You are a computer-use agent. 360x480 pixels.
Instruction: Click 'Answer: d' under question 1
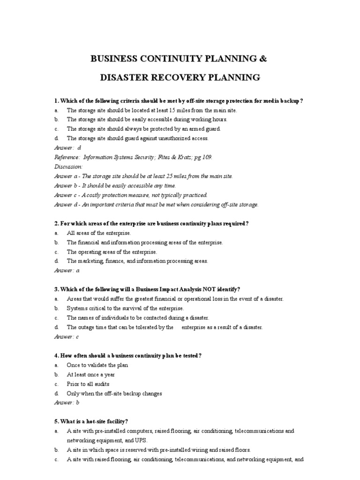point(68,148)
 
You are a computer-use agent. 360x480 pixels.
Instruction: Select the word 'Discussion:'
point(68,166)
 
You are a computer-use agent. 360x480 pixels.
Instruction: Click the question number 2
point(56,224)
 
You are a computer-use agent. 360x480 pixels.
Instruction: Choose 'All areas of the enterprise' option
point(99,233)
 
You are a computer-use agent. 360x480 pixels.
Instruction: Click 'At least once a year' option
point(91,375)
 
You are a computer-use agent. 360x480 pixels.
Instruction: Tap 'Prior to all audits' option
point(88,384)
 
